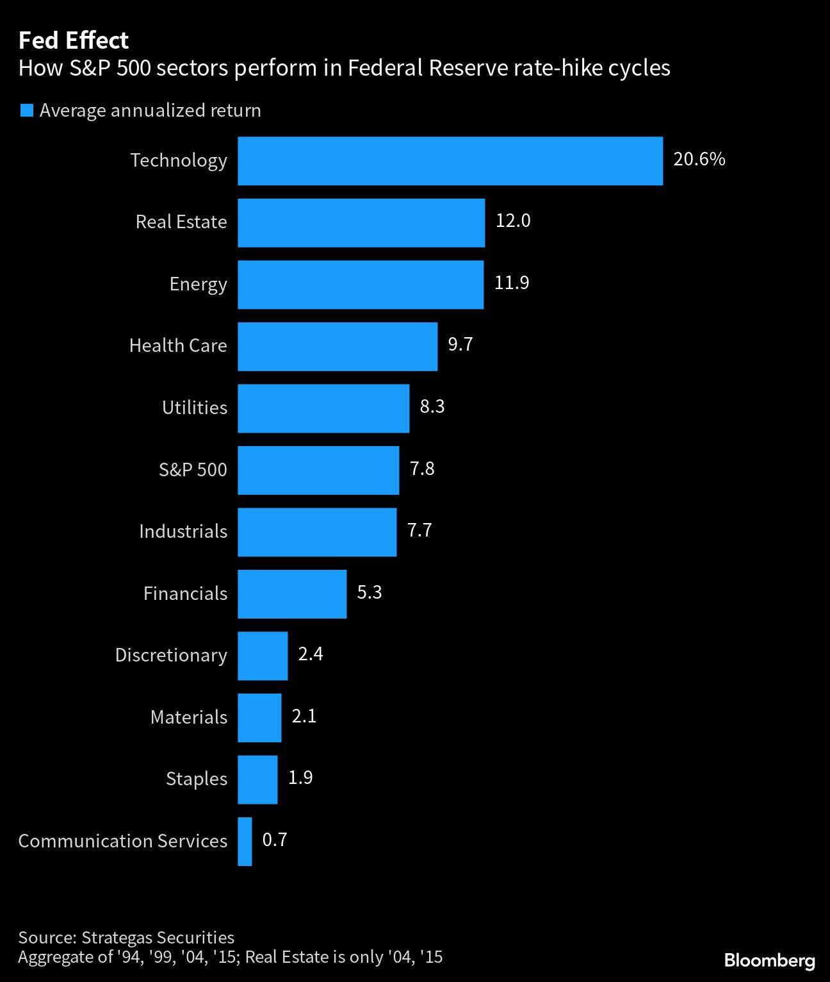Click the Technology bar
point(450,161)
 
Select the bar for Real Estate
point(361,222)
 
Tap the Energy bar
point(361,285)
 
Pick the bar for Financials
point(292,594)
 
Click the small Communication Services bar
point(245,842)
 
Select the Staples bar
point(257,779)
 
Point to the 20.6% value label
point(699,159)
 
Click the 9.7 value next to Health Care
point(460,345)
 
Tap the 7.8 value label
point(422,469)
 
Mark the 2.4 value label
point(311,654)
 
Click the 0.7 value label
point(275,840)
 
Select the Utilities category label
point(194,408)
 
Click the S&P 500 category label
point(193,470)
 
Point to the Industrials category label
point(183,531)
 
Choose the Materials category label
point(188,717)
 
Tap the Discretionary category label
point(171,655)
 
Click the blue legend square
point(26,110)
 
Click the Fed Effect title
point(73,40)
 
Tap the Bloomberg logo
point(769,960)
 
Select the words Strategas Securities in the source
point(158,937)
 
